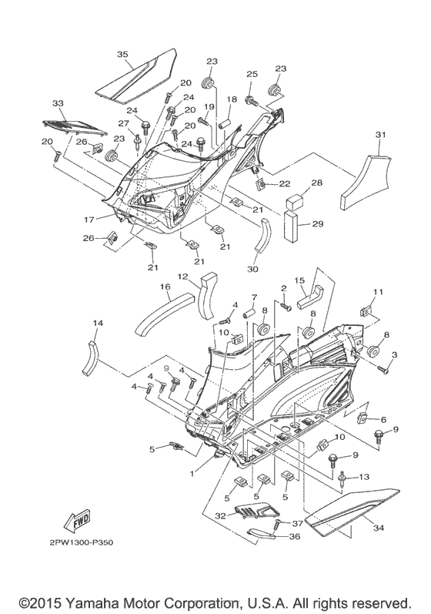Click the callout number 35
(122, 54)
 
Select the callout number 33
(57, 103)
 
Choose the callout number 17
(89, 220)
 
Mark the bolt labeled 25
(251, 100)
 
